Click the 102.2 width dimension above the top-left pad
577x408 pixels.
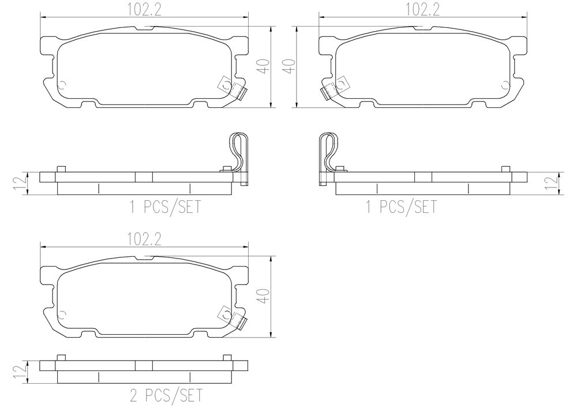[144, 10]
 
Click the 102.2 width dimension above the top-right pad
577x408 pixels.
[422, 10]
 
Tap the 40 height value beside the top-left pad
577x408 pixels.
[265, 66]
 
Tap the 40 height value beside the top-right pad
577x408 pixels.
[290, 66]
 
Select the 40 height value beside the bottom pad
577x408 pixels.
[265, 296]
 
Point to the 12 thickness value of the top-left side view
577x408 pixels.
[20, 183]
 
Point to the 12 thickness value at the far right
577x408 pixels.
[552, 183]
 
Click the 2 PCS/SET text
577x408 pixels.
[166, 395]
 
